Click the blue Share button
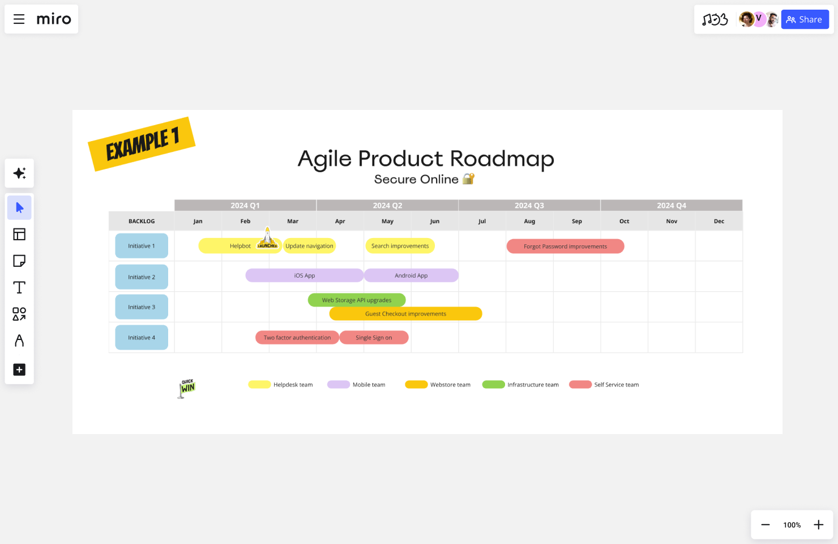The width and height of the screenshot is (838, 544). click(805, 20)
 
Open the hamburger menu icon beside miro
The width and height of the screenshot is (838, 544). click(19, 19)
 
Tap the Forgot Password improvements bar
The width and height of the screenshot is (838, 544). click(565, 246)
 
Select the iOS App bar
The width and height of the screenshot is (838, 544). click(304, 275)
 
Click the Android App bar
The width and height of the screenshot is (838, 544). click(411, 275)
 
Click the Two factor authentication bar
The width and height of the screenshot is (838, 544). click(297, 338)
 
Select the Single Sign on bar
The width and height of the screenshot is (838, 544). click(374, 338)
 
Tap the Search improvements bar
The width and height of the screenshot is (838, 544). click(400, 246)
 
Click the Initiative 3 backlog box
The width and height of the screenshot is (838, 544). click(142, 307)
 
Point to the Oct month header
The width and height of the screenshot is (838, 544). click(624, 222)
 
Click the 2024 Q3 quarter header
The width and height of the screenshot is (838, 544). click(529, 206)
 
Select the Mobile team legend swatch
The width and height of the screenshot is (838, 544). click(339, 385)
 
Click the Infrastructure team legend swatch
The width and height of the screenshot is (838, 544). click(493, 385)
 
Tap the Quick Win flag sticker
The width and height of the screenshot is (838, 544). click(187, 388)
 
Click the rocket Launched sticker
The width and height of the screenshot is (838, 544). click(268, 239)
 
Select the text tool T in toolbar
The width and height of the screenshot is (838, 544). click(19, 287)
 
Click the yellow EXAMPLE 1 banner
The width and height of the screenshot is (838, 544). click(142, 144)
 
